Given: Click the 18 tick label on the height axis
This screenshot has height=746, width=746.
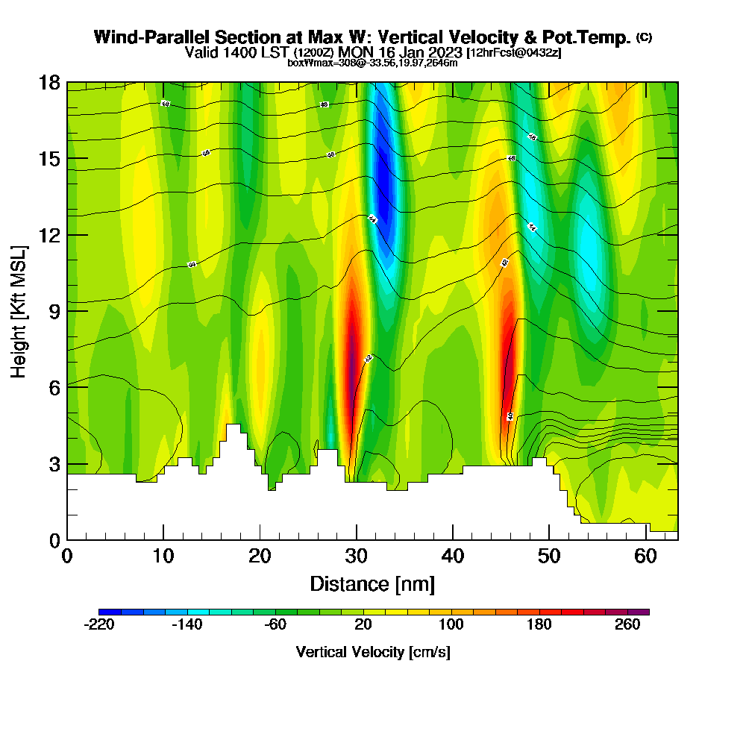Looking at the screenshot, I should coord(49,82).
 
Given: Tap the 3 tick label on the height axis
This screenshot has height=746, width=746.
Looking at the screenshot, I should coord(54,464).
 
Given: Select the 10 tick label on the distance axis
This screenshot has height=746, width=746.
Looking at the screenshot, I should coord(163,557).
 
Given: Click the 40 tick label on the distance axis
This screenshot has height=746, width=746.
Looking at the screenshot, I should coord(453,557).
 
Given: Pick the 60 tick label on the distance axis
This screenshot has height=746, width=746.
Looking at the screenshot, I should coord(645,557).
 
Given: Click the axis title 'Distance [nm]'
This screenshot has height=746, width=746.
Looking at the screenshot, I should coord(372,583).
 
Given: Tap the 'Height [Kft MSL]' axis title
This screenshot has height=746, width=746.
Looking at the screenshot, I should coord(19,310).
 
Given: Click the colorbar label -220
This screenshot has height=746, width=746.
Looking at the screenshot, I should coord(99,625).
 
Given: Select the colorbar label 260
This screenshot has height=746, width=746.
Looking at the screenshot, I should coord(627,625).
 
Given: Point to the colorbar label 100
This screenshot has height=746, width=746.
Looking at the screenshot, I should coord(451,625).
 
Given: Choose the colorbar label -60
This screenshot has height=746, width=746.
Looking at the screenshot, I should coord(275,625).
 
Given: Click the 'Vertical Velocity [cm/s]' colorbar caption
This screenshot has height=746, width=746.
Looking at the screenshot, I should coord(373,652).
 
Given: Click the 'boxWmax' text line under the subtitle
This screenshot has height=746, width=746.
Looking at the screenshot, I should coord(372,63).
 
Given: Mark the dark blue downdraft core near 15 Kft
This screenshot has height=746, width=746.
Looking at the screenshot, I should coord(384,179).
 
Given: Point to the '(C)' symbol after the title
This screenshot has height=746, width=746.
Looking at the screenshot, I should coord(644,37).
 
